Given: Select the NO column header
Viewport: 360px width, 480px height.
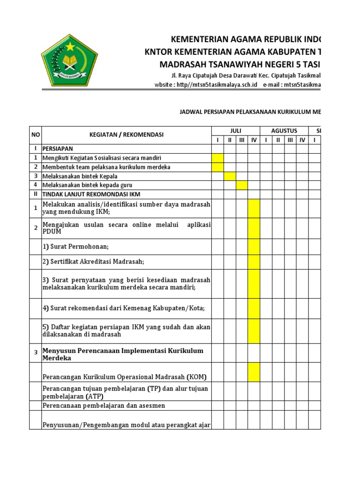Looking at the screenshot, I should click(35, 135).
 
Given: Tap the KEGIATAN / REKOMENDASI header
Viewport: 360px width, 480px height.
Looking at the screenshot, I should click(127, 135).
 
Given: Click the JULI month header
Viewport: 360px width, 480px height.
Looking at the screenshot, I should click(236, 130).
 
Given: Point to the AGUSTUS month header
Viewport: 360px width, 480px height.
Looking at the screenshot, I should click(284, 130).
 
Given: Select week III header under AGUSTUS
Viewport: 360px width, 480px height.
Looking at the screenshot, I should click(290, 140).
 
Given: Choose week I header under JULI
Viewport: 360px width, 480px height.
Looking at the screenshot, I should click(217, 140).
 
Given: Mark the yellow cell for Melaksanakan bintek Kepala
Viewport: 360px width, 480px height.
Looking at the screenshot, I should click(230, 176).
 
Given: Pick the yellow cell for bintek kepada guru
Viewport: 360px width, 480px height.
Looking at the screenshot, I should click(242, 185).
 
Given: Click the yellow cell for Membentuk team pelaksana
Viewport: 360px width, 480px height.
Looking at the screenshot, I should click(217, 167).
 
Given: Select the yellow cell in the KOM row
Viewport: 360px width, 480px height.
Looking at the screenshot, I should click(254, 372).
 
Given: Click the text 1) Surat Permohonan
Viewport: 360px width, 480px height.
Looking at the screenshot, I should click(78, 247).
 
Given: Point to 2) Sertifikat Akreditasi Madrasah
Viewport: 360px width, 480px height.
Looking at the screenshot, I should click(98, 262).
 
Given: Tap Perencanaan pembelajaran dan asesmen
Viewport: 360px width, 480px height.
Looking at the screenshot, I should click(104, 405).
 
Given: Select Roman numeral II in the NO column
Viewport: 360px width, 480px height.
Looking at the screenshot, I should click(35, 194).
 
